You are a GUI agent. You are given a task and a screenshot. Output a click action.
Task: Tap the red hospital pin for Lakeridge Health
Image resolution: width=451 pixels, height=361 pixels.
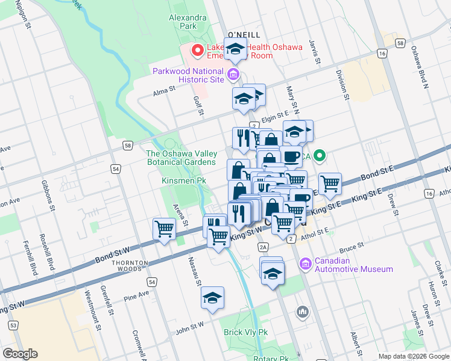pyautogui.click(x=196, y=51)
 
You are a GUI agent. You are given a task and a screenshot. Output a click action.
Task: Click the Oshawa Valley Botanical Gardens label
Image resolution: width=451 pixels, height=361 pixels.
pyautogui.click(x=181, y=158)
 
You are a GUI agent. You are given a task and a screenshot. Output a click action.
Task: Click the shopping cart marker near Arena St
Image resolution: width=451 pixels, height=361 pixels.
pyautogui.click(x=165, y=229)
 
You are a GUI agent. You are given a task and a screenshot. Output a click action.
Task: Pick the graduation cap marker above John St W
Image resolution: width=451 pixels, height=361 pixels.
pyautogui.click(x=212, y=298)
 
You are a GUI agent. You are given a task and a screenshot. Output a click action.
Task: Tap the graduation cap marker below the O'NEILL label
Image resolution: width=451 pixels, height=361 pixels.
pyautogui.click(x=235, y=49)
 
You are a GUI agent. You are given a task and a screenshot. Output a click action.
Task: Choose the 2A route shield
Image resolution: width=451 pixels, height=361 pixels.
pyautogui.click(x=262, y=247)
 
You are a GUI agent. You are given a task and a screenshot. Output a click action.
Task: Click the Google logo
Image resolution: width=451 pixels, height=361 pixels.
pyautogui.click(x=20, y=354)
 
